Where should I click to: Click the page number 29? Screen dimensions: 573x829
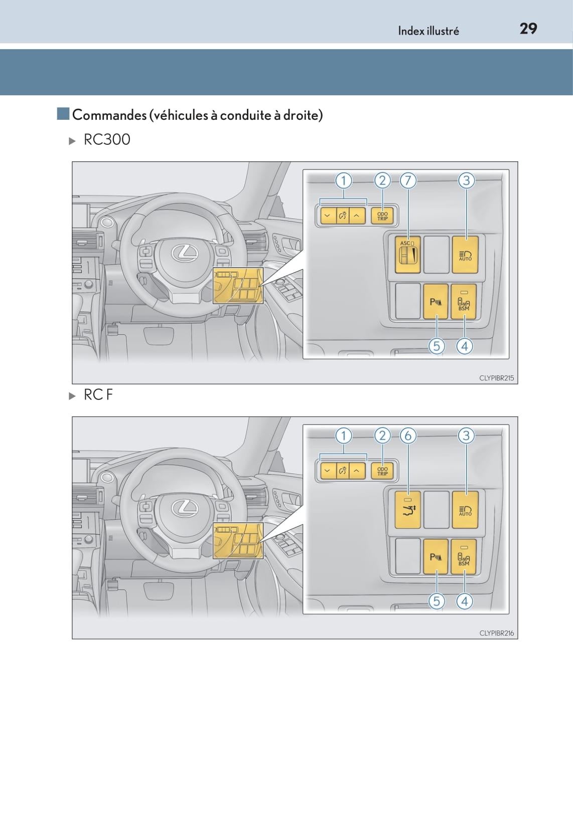(528, 29)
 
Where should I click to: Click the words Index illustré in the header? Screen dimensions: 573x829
(428, 31)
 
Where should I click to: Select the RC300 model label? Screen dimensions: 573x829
(107, 139)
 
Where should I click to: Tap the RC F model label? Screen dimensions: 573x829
(98, 395)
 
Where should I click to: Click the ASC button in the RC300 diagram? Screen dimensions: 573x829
(408, 255)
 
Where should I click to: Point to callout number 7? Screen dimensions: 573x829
(408, 180)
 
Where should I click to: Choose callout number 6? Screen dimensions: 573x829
(408, 436)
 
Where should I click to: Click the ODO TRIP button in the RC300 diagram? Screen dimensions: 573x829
(383, 216)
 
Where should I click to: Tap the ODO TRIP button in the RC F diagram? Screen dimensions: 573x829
(383, 471)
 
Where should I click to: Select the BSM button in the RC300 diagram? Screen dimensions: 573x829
(464, 302)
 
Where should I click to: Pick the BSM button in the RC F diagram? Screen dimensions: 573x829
(464, 557)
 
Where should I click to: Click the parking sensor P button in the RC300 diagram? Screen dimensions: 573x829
(436, 302)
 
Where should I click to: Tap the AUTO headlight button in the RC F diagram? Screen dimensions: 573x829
(465, 510)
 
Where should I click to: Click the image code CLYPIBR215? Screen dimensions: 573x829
(497, 378)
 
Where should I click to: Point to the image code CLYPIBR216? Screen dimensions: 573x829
(497, 633)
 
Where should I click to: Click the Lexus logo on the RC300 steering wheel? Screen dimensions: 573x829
(185, 253)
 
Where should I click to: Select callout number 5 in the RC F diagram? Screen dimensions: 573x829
(437, 601)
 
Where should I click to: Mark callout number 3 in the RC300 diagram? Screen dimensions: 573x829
(466, 180)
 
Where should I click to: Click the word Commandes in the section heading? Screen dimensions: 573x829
(110, 115)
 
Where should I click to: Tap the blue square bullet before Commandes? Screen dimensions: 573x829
(63, 114)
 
